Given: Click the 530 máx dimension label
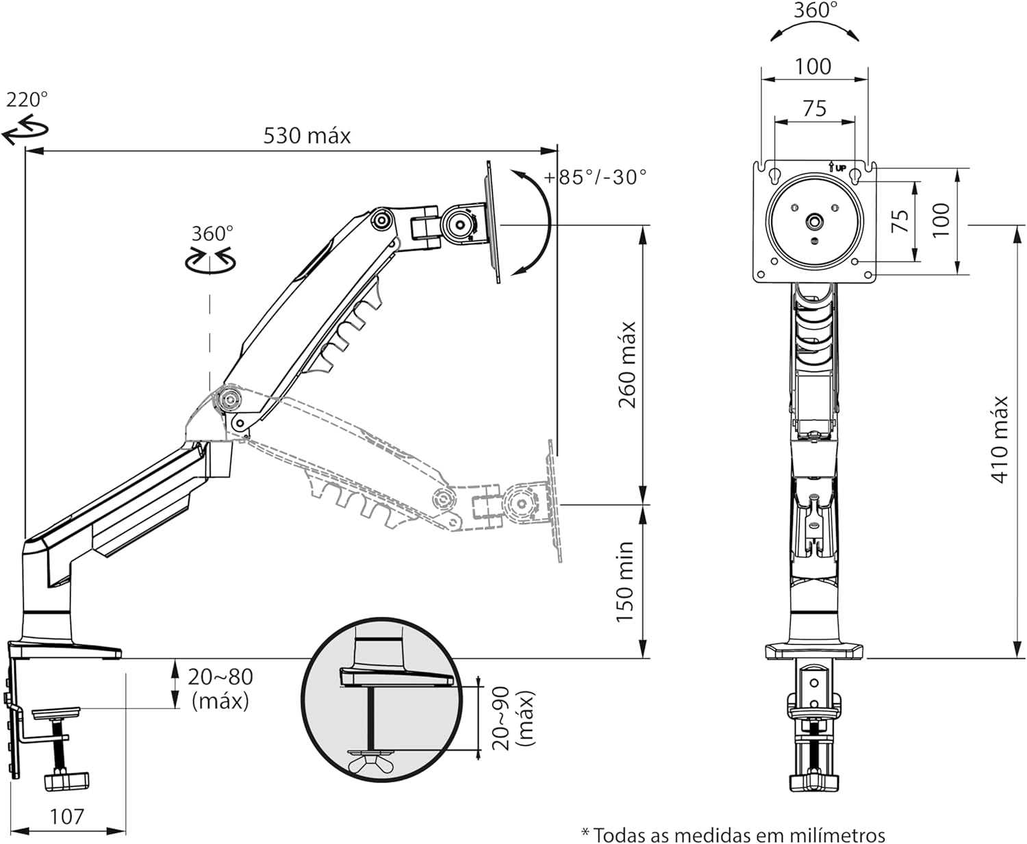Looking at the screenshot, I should pyautogui.click(x=307, y=136).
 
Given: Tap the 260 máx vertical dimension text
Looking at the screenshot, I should pyautogui.click(x=627, y=365).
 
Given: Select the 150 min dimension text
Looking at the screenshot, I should pyautogui.click(x=624, y=582).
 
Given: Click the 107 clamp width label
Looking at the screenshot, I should pyautogui.click(x=67, y=816).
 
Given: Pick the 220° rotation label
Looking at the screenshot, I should pyautogui.click(x=27, y=100).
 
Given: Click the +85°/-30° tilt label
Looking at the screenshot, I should pyautogui.click(x=595, y=177).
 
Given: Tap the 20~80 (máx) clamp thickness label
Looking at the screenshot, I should pyautogui.click(x=220, y=688).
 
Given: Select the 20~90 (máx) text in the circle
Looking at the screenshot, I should pyautogui.click(x=513, y=719).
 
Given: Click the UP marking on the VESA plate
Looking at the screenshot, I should pyautogui.click(x=839, y=167).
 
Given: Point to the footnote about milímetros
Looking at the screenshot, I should pyautogui.click(x=733, y=835).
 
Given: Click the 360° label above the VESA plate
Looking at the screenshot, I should pyautogui.click(x=815, y=10).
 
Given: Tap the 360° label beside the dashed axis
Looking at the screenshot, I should pyautogui.click(x=212, y=233).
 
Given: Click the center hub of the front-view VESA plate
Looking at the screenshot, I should pyautogui.click(x=815, y=221).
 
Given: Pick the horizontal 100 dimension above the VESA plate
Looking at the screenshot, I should pyautogui.click(x=813, y=66).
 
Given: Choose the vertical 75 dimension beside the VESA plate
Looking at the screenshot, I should pyautogui.click(x=900, y=220).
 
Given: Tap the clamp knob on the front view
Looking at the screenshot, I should pyautogui.click(x=813, y=780).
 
